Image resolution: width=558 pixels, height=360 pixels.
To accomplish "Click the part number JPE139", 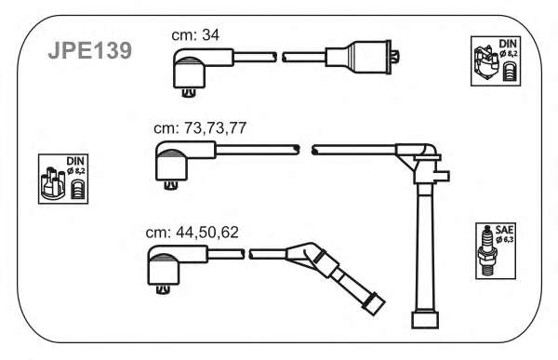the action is (x=90, y=50).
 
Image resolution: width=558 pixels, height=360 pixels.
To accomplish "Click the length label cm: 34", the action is (x=195, y=35).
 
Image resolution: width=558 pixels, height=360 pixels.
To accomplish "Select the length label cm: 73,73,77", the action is (x=200, y=127).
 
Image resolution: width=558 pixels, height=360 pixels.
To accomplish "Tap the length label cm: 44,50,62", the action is (x=193, y=233).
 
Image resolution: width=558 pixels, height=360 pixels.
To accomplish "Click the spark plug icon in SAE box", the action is (x=486, y=251).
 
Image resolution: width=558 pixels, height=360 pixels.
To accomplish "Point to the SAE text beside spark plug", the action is (x=504, y=230).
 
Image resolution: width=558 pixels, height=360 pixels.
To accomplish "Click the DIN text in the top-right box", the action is (x=508, y=44).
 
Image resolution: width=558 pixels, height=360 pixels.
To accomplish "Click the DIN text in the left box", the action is (x=75, y=161).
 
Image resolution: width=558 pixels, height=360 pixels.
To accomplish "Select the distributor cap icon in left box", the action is (x=53, y=183).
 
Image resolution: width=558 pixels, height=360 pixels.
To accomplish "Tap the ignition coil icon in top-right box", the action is (x=486, y=63).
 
